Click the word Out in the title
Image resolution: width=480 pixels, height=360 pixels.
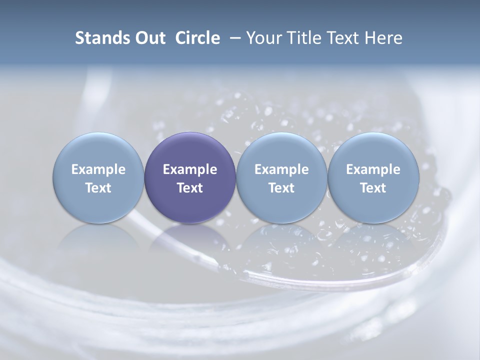[150, 38]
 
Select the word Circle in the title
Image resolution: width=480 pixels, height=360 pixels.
[197, 38]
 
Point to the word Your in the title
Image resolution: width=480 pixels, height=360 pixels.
[263, 38]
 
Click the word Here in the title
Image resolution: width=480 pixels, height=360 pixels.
[383, 38]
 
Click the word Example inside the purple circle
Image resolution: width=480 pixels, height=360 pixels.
[189, 169]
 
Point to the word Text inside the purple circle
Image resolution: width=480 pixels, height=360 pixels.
[189, 188]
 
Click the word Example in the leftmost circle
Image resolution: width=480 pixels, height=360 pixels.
[98, 169]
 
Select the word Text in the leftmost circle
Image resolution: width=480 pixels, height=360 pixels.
[98, 188]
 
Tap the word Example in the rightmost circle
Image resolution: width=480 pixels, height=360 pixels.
[373, 169]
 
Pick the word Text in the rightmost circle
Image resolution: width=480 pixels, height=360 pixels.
[373, 188]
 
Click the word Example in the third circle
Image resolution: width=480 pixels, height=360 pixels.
[281, 169]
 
